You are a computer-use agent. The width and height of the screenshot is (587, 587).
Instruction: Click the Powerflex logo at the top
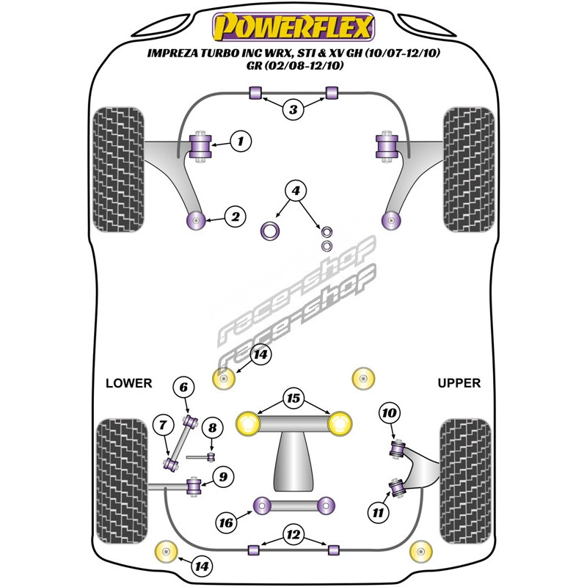(293, 27)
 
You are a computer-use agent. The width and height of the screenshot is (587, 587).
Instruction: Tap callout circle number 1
(241, 141)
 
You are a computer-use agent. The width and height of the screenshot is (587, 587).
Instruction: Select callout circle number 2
(235, 216)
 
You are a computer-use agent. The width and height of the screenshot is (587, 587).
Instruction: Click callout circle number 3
(293, 109)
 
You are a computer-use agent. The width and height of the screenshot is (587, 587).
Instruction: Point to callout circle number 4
(296, 191)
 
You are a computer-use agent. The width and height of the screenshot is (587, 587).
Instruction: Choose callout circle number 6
(183, 387)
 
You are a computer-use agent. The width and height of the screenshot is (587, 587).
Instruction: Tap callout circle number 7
(163, 425)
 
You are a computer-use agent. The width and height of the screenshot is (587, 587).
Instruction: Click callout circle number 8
(212, 428)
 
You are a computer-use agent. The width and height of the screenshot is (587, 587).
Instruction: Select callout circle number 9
(223, 476)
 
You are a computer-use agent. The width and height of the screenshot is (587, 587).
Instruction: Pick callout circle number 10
(389, 413)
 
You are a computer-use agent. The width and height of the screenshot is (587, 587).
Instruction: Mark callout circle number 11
(378, 512)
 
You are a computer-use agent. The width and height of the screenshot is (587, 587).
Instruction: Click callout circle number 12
(293, 535)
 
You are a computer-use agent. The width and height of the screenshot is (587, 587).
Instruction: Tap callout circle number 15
(293, 398)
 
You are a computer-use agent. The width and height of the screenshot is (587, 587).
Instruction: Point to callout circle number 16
(226, 522)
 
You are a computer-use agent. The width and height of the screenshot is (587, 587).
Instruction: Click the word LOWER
(129, 383)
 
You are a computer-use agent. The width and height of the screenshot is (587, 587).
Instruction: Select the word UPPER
(459, 383)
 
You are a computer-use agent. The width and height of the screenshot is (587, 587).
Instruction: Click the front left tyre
(118, 169)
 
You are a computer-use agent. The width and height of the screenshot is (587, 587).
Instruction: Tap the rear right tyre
(465, 481)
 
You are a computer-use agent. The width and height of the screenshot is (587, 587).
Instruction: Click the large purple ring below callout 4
(269, 230)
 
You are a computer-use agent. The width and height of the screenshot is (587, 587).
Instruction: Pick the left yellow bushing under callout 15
(248, 423)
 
